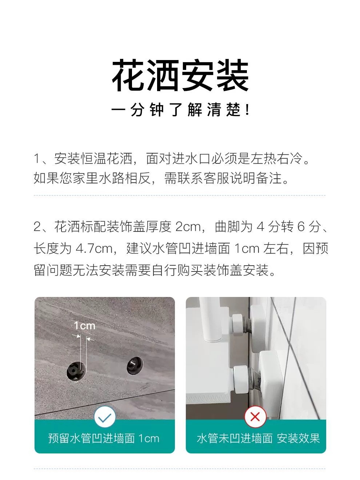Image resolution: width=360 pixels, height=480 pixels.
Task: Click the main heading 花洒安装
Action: tap(180, 76)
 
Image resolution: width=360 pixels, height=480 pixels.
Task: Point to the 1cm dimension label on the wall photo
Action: tap(84, 325)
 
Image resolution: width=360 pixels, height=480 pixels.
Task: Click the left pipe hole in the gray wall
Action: tap(76, 370)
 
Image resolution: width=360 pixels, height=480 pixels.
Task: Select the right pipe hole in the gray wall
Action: tap(134, 366)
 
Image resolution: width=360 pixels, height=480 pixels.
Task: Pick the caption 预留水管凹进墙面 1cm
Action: tap(104, 438)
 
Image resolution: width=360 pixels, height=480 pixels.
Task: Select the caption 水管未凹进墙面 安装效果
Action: tap(258, 438)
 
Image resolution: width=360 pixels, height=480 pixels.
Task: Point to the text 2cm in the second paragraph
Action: tap(188, 227)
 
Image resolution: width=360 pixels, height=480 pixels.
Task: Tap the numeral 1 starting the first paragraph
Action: tap(37, 159)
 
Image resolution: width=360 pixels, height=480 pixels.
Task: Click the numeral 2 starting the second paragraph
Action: tap(37, 227)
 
